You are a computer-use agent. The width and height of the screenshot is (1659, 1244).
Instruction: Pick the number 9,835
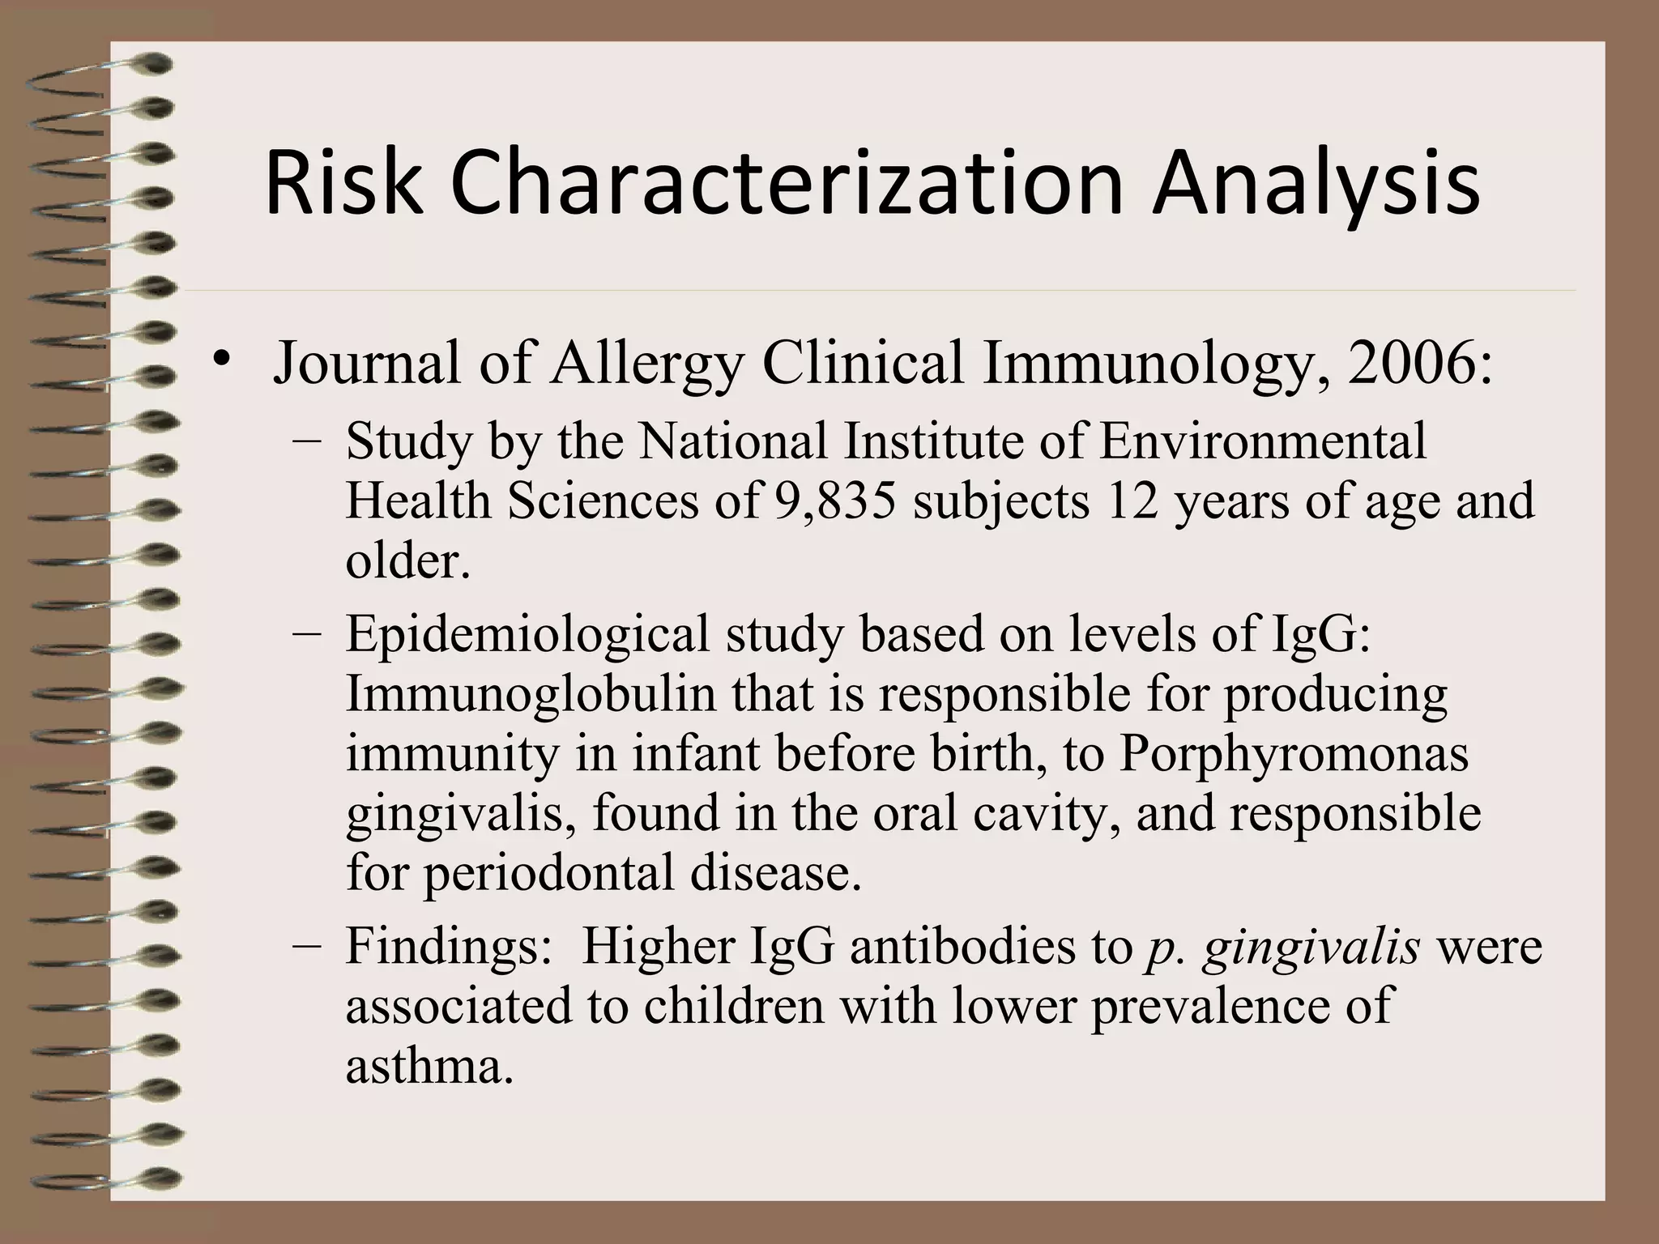(834, 501)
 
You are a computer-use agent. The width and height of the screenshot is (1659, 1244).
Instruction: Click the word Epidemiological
(527, 634)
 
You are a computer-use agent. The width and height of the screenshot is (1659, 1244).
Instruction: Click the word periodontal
(549, 873)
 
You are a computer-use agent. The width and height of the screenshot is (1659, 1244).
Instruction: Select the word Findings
(448, 946)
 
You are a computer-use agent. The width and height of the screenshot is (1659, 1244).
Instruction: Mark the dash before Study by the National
(307, 441)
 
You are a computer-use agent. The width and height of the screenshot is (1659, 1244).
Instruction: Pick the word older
(407, 560)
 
